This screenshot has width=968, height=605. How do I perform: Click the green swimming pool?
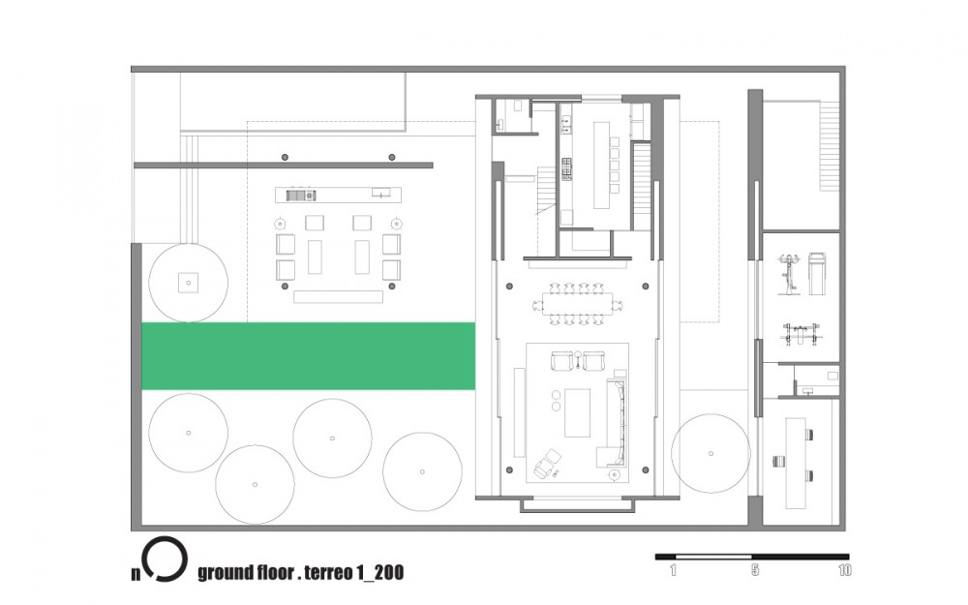point(309,356)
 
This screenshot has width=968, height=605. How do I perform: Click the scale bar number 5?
point(755,570)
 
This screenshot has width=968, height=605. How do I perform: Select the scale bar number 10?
point(844,570)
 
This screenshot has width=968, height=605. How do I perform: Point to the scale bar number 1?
point(673,570)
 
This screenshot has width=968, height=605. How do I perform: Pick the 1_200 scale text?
point(380,573)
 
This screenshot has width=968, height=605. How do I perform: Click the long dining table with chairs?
point(578,304)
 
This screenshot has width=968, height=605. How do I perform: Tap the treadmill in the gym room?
point(817,272)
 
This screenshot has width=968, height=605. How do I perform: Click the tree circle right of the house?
point(711,453)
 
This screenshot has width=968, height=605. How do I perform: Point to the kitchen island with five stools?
point(601,166)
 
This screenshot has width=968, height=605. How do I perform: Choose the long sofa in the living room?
point(616,422)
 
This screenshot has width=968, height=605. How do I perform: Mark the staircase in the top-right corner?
point(830,146)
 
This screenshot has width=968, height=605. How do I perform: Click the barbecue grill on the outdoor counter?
point(301,196)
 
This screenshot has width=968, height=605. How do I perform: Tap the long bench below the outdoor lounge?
point(338,297)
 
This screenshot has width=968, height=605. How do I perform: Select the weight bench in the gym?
point(801,334)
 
